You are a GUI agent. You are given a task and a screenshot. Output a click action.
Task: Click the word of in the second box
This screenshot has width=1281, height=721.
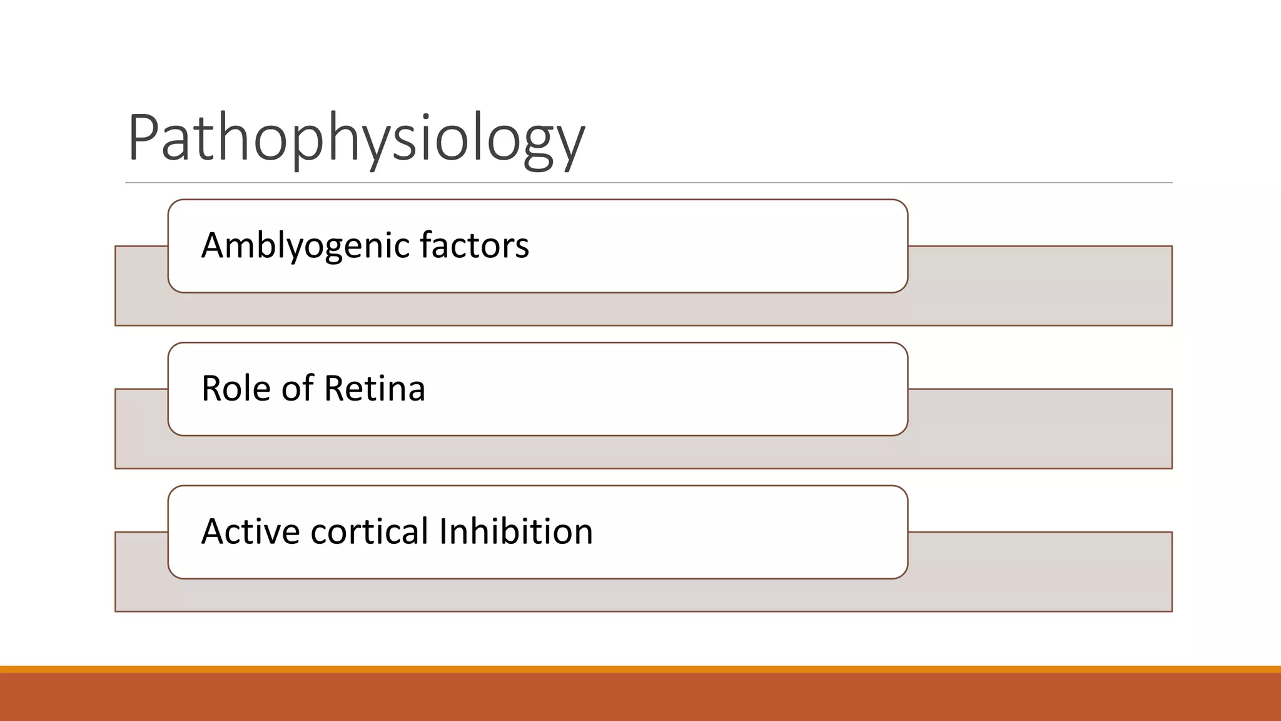pyautogui.click(x=297, y=388)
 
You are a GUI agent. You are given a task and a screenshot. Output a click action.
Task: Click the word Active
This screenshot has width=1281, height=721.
pyautogui.click(x=250, y=531)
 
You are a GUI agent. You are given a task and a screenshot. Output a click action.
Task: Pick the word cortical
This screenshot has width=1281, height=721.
pyautogui.click(x=369, y=531)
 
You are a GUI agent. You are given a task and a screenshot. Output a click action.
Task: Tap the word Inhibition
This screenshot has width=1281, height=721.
pyautogui.click(x=515, y=531)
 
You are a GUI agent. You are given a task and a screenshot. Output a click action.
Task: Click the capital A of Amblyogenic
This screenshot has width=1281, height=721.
pyautogui.click(x=213, y=245)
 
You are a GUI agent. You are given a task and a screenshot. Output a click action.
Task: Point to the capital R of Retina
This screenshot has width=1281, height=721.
pyautogui.click(x=335, y=388)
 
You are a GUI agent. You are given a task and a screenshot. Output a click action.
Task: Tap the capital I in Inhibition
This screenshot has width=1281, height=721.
pyautogui.click(x=443, y=531)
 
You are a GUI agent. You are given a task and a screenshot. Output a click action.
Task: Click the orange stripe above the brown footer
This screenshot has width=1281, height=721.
pyautogui.click(x=640, y=669)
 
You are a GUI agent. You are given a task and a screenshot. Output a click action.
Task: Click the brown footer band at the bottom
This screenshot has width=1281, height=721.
pyautogui.click(x=640, y=697)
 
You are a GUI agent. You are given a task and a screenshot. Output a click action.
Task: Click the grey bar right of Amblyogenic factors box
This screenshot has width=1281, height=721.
pyautogui.click(x=1038, y=285)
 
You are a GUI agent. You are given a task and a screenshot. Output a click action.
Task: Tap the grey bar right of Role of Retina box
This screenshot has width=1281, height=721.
pyautogui.click(x=1038, y=428)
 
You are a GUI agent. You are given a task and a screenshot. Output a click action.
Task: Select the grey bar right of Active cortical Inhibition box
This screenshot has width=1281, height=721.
pyautogui.click(x=1038, y=571)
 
